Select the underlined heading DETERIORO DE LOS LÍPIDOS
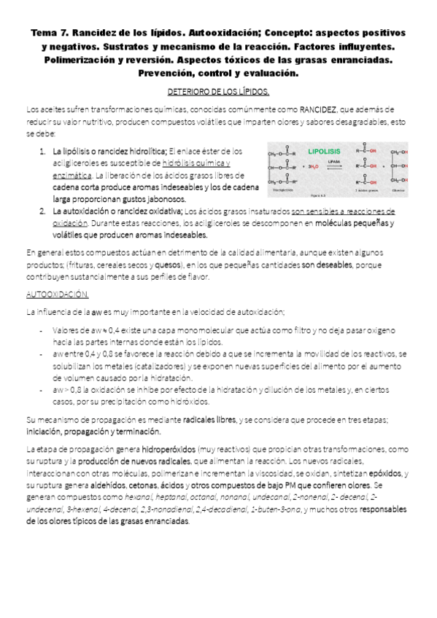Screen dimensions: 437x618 (218, 93)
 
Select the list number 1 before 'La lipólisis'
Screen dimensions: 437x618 (42, 150)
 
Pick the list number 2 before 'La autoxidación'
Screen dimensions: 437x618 (42, 211)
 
